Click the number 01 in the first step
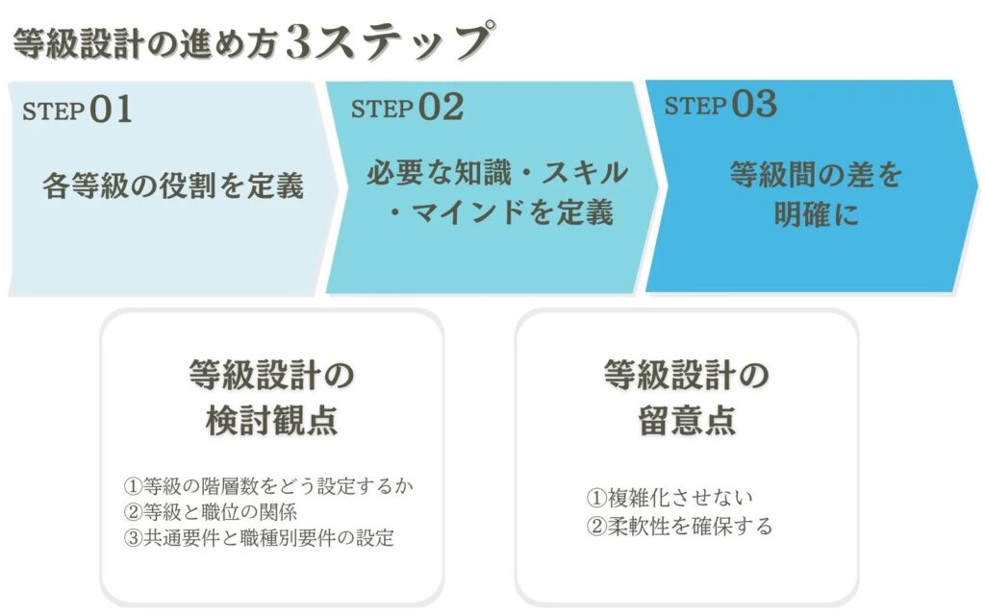(x=111, y=110)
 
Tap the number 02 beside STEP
(x=441, y=107)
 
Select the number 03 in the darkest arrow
(x=754, y=104)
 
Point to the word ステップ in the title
(x=403, y=41)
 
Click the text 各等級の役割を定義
(x=173, y=185)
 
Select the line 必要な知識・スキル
(x=497, y=173)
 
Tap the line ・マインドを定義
(x=500, y=212)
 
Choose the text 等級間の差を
(x=816, y=175)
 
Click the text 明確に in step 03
(x=816, y=214)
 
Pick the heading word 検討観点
(x=272, y=420)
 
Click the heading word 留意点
(x=687, y=420)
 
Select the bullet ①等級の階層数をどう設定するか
(x=268, y=485)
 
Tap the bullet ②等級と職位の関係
(x=210, y=512)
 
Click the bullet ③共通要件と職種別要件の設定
(x=259, y=538)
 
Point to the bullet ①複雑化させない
(x=669, y=498)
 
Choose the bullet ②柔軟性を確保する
(x=679, y=526)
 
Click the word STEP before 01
(x=54, y=111)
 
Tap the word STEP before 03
(x=695, y=106)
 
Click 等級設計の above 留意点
(x=687, y=376)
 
